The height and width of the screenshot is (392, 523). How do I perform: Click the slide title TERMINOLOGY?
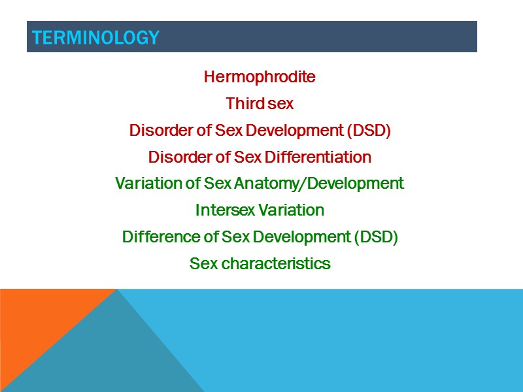coord(95,38)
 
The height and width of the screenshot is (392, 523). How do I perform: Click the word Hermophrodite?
coord(260,77)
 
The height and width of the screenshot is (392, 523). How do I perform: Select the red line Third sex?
coord(260,104)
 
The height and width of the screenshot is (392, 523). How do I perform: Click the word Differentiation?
coord(318,157)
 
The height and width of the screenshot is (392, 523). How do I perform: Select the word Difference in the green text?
coord(154,237)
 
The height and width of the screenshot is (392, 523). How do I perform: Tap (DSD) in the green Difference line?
coord(375,237)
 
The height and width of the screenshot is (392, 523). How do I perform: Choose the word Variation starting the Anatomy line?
coord(147,184)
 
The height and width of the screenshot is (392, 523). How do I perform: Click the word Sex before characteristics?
coord(203,264)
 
